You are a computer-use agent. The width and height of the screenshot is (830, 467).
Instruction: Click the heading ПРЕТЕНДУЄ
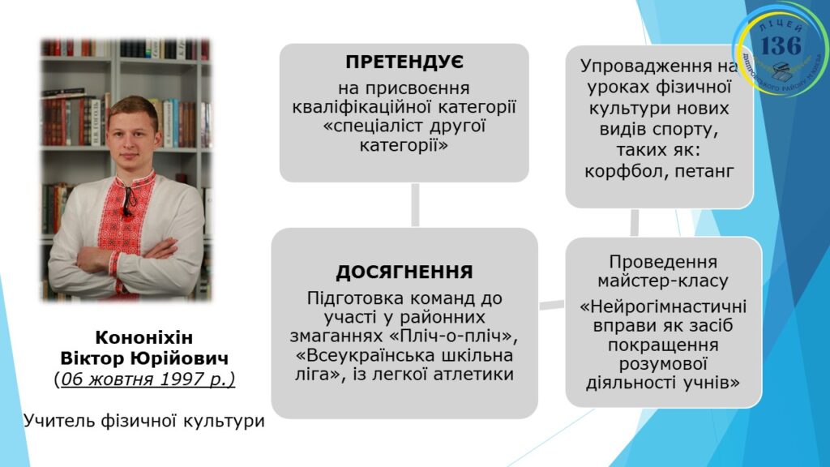pos(404,62)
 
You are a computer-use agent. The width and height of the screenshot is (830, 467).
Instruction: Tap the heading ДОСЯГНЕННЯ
pos(404,272)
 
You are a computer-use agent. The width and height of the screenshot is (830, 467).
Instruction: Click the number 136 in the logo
pos(781,45)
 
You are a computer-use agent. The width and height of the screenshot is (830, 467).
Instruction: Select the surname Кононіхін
pos(144,337)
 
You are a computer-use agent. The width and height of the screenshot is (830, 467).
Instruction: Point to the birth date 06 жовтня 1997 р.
pos(144,379)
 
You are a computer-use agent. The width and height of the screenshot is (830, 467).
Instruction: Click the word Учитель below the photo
pos(59,421)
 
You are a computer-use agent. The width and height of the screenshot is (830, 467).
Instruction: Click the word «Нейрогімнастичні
pos(663,306)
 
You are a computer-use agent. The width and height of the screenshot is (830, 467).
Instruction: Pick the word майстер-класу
pos(663,281)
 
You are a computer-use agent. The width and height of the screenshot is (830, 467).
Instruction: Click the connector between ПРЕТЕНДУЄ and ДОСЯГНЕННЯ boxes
pos(415,205)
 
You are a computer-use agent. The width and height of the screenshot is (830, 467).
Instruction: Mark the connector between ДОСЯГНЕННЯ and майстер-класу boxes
pos(551,305)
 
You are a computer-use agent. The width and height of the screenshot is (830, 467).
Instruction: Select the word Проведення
pos(663,262)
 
